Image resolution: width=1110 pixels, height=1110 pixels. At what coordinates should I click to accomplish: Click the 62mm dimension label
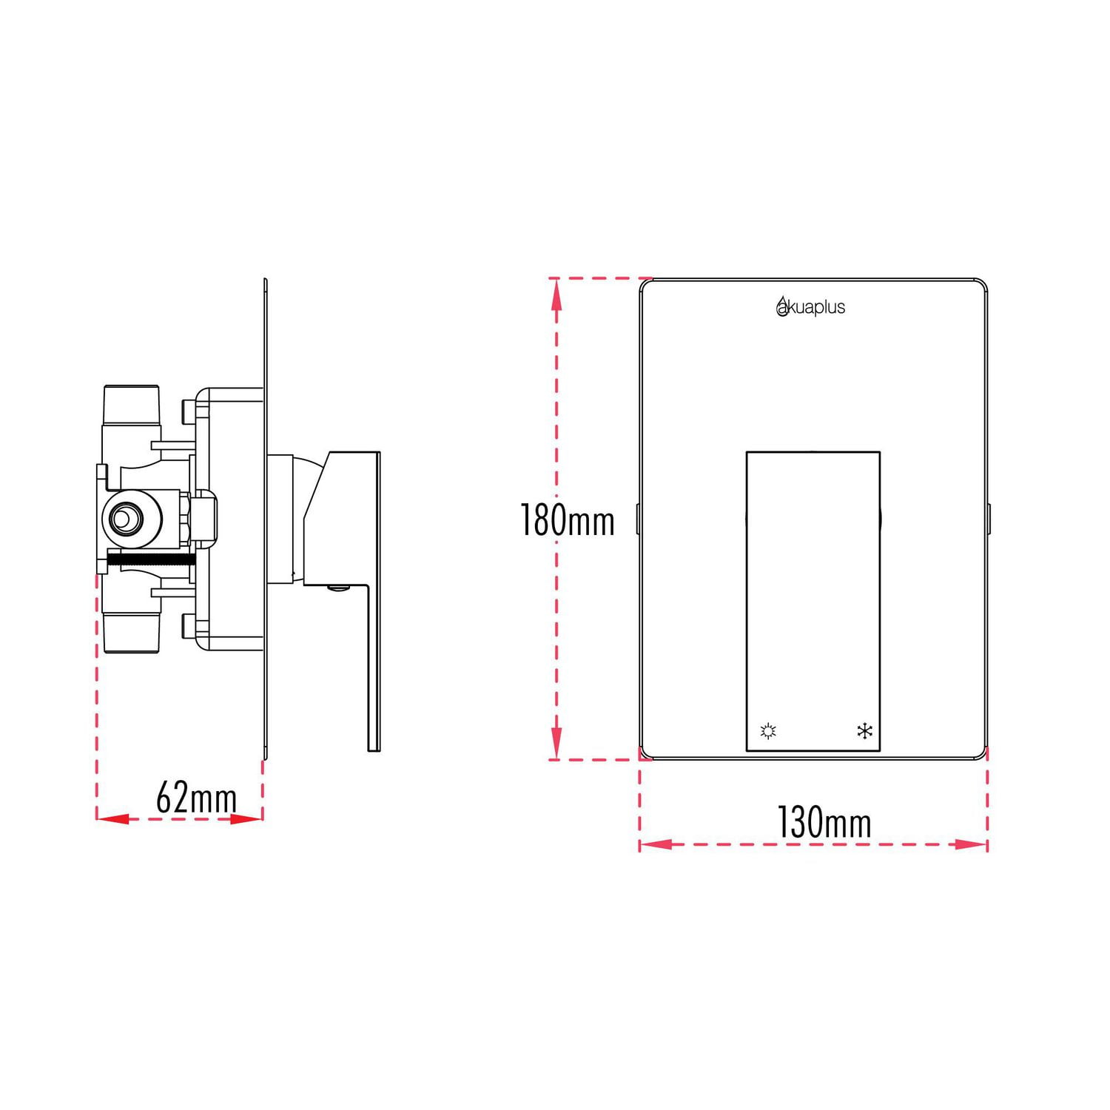pyautogui.click(x=196, y=798)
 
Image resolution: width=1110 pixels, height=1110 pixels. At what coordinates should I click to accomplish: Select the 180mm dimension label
pyautogui.click(x=568, y=519)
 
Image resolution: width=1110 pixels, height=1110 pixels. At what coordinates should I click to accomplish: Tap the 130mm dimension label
pyautogui.click(x=824, y=822)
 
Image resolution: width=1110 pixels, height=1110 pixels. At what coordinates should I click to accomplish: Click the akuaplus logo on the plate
pyautogui.click(x=810, y=306)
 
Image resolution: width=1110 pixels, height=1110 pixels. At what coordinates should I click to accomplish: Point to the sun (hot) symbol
pyautogui.click(x=768, y=732)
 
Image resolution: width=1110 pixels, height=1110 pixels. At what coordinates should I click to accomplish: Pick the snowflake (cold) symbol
pyautogui.click(x=864, y=732)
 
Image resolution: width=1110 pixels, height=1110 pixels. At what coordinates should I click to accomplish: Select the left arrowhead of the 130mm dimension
pyautogui.click(x=656, y=844)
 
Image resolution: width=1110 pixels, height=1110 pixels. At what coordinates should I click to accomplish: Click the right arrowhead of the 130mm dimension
pyautogui.click(x=972, y=844)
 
